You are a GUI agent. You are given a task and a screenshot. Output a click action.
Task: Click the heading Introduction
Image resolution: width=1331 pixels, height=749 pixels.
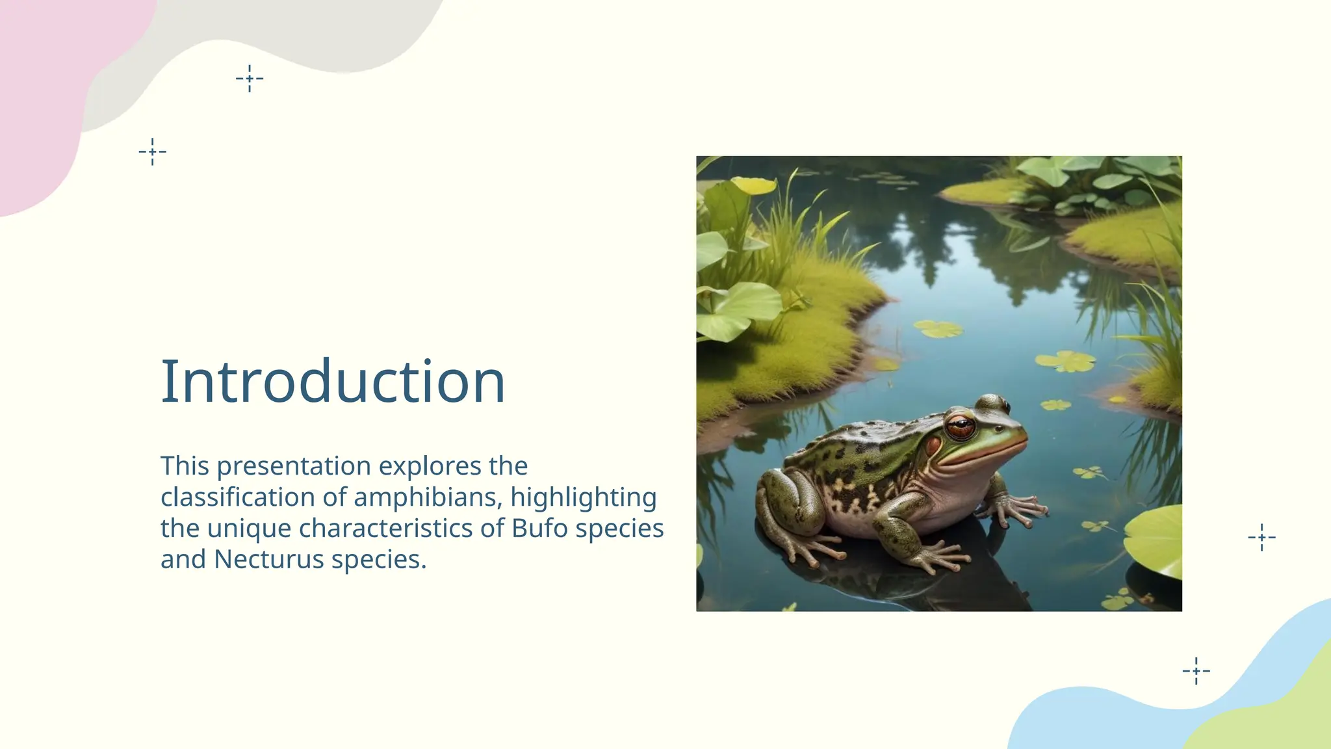tap(333, 382)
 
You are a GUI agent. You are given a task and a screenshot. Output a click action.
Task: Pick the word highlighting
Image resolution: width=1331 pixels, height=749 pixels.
tap(583, 497)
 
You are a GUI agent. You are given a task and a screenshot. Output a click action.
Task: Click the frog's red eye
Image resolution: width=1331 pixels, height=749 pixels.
tap(960, 428)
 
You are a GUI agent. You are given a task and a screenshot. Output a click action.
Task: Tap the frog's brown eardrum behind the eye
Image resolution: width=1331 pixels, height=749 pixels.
tap(933, 447)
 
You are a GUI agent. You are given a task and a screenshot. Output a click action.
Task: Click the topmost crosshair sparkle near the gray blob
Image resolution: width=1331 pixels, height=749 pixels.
tap(250, 79)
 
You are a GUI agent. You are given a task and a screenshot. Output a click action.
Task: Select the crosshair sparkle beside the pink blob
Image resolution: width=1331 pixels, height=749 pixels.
tap(153, 151)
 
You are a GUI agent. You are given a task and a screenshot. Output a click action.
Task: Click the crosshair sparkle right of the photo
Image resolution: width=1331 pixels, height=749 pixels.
tap(1261, 537)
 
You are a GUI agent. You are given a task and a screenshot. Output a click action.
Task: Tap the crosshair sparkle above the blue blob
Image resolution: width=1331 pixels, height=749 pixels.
tap(1196, 670)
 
